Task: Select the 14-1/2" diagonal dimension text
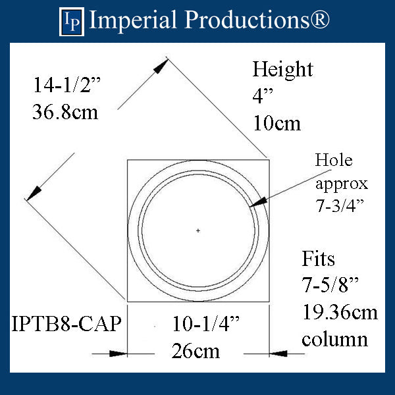point(67,86)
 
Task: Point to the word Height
point(283,70)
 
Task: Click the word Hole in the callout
point(334,160)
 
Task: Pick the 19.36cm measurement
point(340,313)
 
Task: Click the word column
point(334,339)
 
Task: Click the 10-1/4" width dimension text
point(206,323)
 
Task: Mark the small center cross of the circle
point(198,230)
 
